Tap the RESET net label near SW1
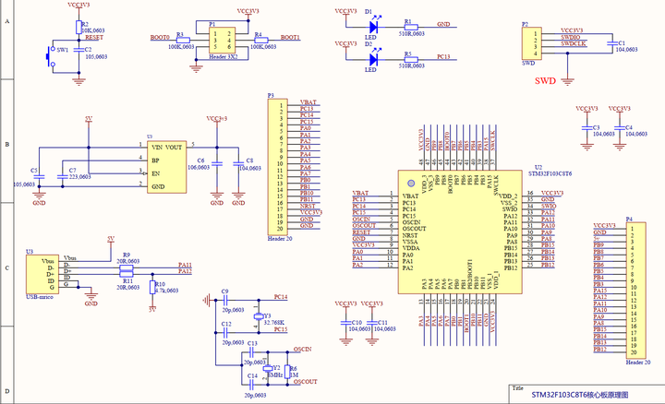93,38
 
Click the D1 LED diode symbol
370,25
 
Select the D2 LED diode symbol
370,56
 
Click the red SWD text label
545,81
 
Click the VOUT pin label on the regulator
173,147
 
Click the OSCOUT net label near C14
305,380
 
